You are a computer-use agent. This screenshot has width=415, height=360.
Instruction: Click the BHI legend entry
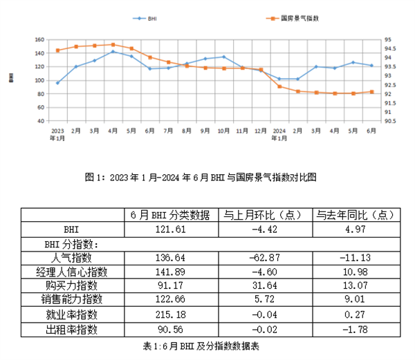pyautogui.click(x=147, y=19)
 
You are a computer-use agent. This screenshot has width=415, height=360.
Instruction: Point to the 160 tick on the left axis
pyautogui.click(x=39, y=40)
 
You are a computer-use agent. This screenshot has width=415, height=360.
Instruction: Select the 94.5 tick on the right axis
pyautogui.click(x=389, y=49)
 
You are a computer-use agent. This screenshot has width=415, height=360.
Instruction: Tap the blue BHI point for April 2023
pyautogui.click(x=113, y=52)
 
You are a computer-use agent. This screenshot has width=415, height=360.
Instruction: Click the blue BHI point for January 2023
pyautogui.click(x=57, y=83)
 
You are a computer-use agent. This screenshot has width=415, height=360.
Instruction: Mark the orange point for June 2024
pyautogui.click(x=371, y=92)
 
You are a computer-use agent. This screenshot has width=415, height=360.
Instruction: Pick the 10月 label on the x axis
pyautogui.click(x=223, y=130)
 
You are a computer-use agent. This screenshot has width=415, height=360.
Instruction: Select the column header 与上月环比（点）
pyautogui.click(x=263, y=214)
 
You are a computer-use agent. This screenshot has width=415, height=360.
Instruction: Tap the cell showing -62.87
pyautogui.click(x=263, y=258)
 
